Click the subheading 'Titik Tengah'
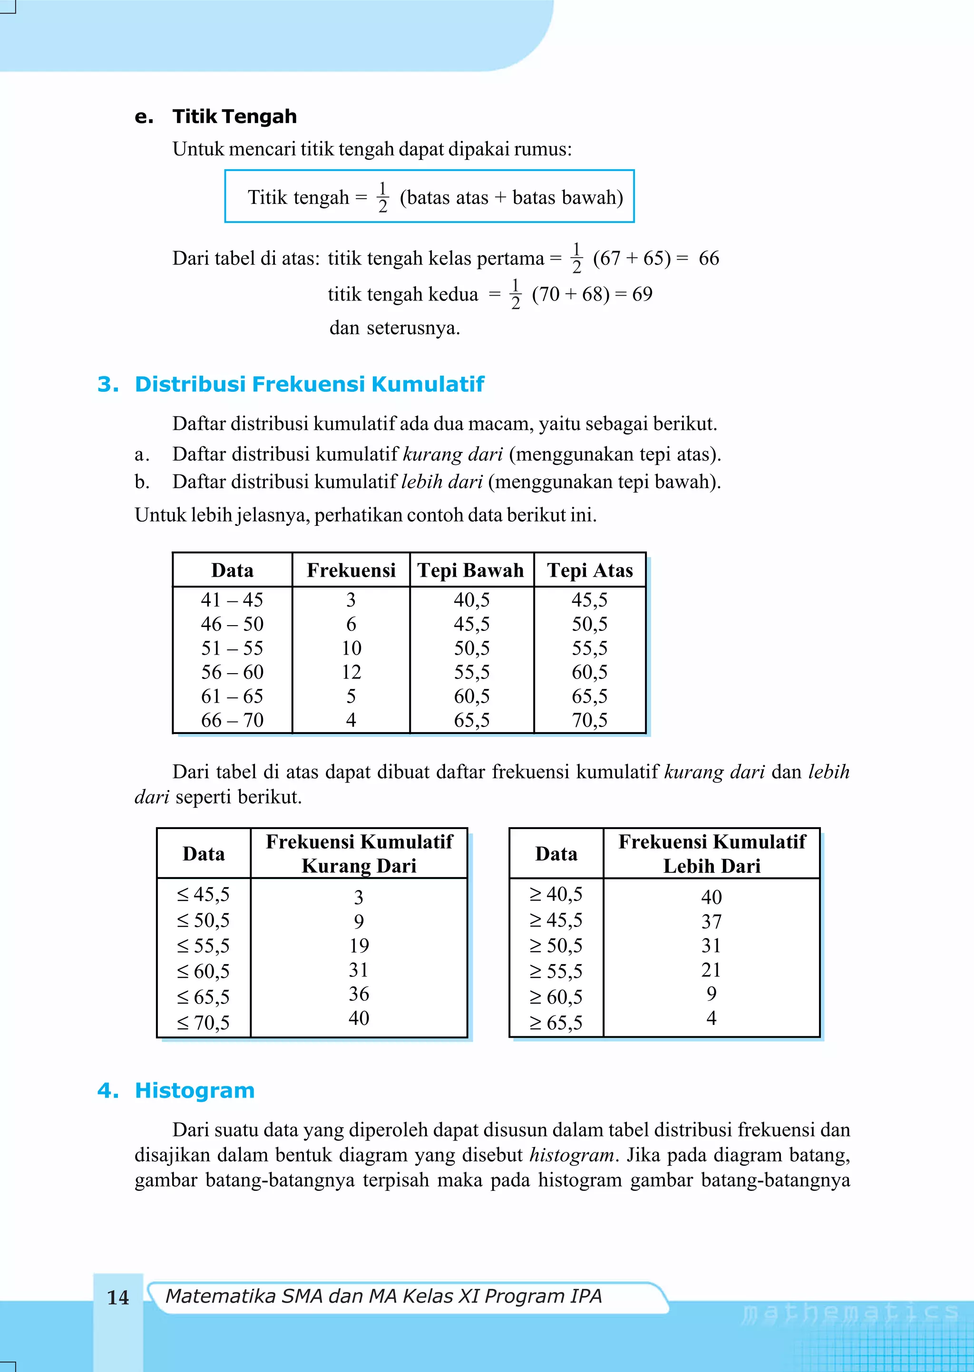coord(234,116)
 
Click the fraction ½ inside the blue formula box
coord(383,197)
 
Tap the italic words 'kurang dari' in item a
coord(453,454)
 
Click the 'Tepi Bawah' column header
coord(471,570)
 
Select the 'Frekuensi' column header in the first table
coord(351,570)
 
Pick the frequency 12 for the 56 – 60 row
coord(351,672)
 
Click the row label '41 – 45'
coord(232,599)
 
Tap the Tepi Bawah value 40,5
coord(471,599)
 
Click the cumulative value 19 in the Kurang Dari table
coord(359,946)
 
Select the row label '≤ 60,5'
coord(204,971)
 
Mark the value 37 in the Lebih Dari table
coord(711,921)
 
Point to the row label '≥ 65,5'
coord(556,1023)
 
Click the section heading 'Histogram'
coord(195,1090)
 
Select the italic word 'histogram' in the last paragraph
coord(572,1155)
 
